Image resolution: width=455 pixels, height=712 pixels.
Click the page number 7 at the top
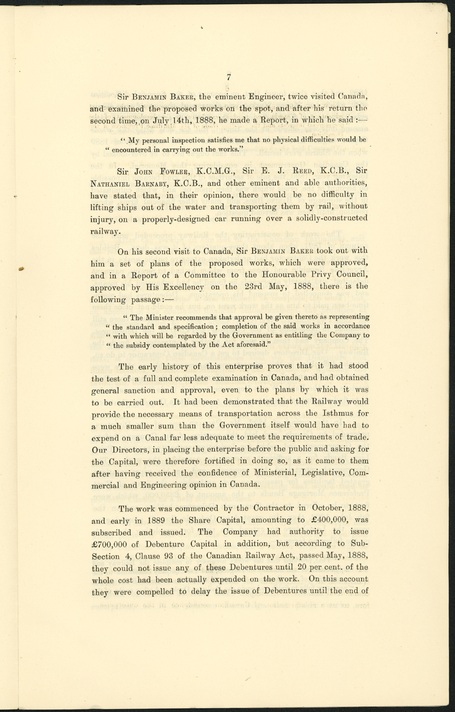[x=227, y=78]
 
